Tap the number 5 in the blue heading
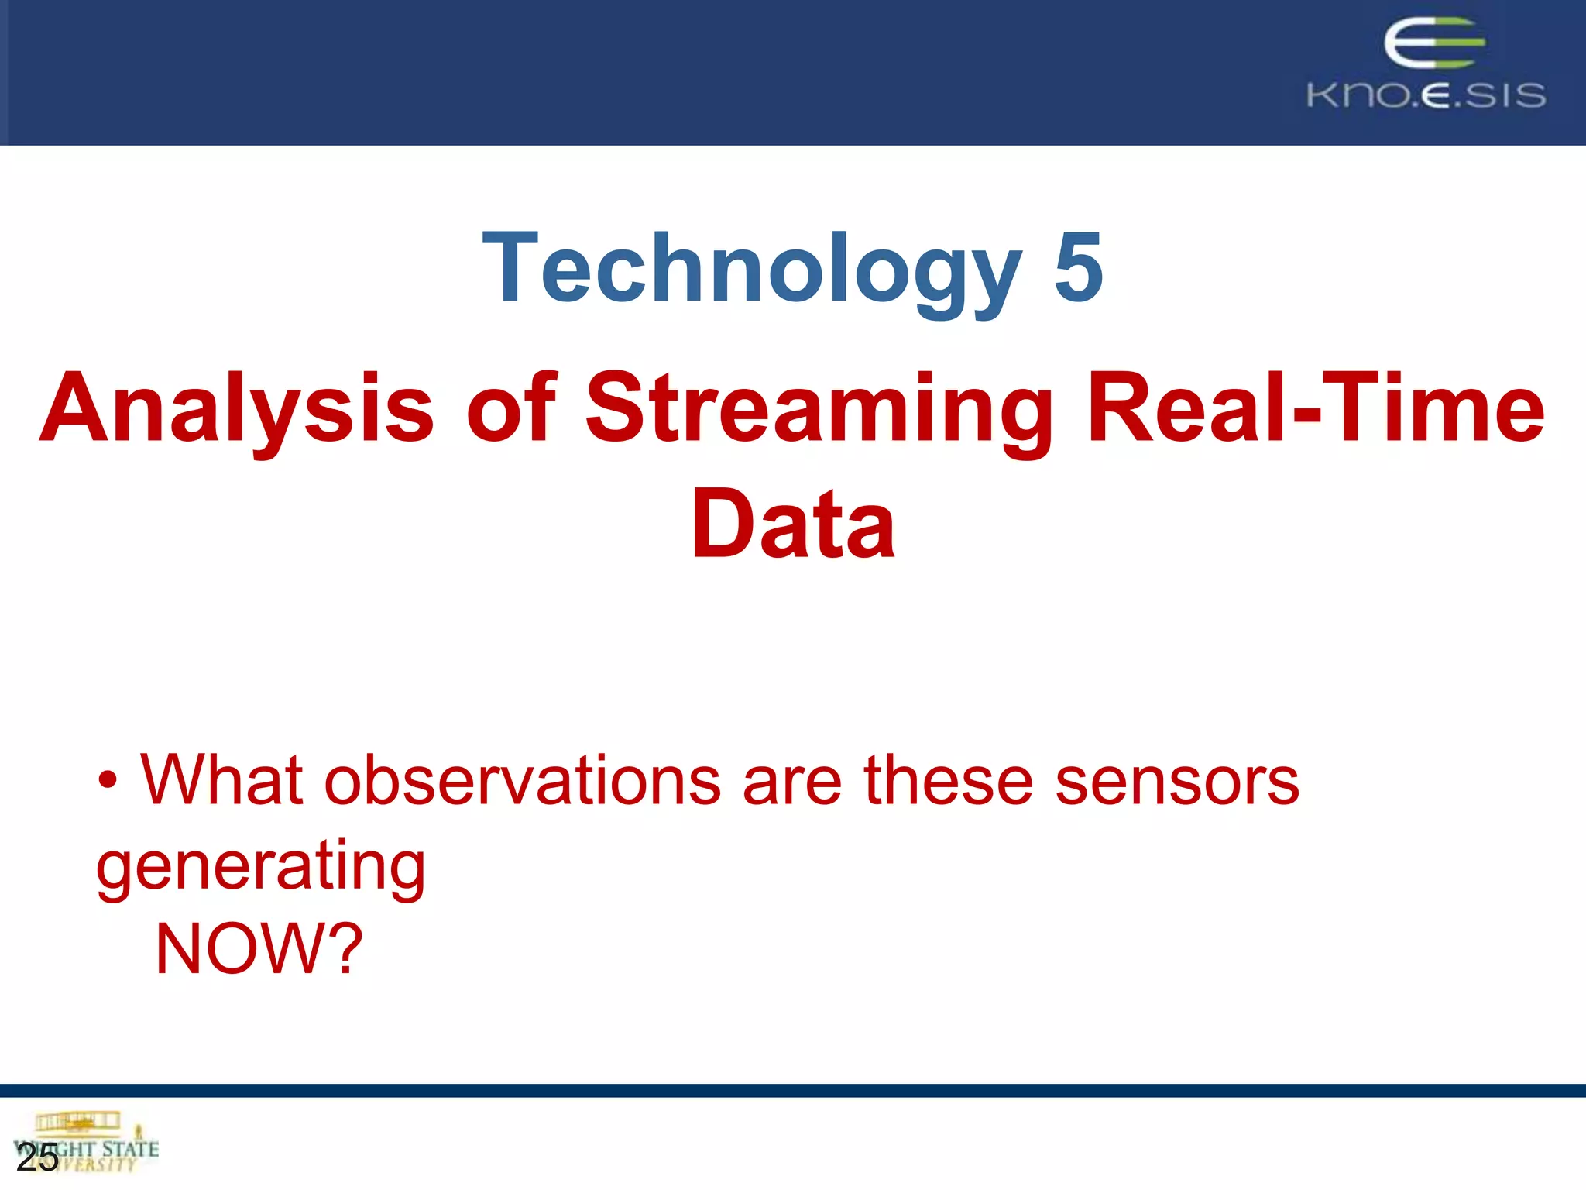click(1078, 268)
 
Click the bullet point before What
click(108, 782)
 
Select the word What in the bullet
click(221, 781)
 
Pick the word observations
click(523, 781)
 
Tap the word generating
click(260, 868)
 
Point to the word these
click(948, 781)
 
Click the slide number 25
click(37, 1158)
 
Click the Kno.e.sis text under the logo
click(1426, 95)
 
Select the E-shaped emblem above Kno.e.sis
click(1433, 43)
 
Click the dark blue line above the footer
click(793, 1090)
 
